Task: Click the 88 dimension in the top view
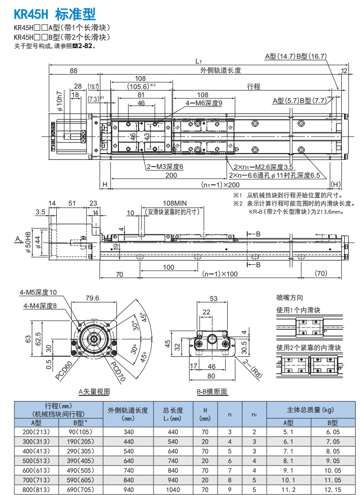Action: click(73, 71)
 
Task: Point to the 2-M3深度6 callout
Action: click(165, 166)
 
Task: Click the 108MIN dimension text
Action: click(175, 203)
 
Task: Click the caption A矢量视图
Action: click(94, 391)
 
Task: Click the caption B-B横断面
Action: click(212, 391)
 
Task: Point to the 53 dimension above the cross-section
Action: click(214, 299)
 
